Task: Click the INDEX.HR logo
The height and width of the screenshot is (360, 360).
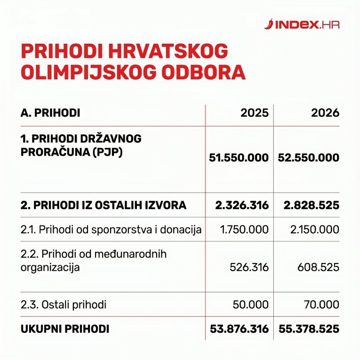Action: tap(302, 24)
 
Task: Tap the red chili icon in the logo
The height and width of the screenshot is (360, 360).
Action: tap(269, 24)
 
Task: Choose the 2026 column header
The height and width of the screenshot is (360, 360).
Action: tap(325, 113)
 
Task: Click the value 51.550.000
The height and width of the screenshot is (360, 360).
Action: tap(239, 158)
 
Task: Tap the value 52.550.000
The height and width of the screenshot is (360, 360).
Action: tap(309, 158)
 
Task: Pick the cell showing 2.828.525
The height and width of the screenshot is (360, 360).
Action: tap(310, 205)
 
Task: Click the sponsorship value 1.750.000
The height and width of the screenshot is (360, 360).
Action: tap(244, 230)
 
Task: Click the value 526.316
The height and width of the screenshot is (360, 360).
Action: tap(249, 267)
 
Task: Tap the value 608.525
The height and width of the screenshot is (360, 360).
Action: tap(318, 267)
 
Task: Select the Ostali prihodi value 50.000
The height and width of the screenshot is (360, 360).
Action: tap(251, 304)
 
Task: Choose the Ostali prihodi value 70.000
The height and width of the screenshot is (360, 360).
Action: tap(321, 304)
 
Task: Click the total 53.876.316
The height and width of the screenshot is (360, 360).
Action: tap(239, 329)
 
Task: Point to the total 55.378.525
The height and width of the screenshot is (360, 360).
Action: tap(309, 329)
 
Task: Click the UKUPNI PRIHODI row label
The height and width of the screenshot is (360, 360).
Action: tap(65, 329)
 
